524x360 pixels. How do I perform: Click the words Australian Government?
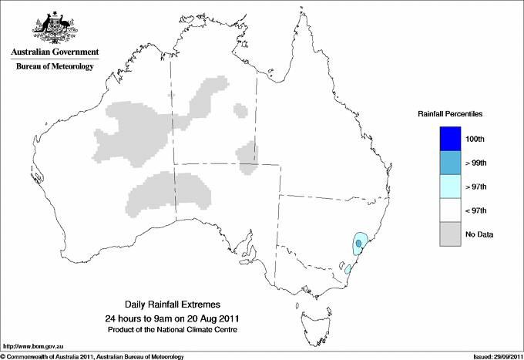[x=54, y=52]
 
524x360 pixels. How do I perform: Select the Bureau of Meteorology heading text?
[x=54, y=67]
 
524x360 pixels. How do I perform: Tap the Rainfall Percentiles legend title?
[x=450, y=114]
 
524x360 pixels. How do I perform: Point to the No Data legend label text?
[x=479, y=234]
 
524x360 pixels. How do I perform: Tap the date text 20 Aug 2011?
[x=210, y=318]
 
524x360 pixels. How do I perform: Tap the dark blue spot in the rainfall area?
[x=358, y=244]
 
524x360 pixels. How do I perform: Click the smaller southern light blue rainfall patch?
[x=348, y=269]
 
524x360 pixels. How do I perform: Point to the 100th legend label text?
[x=475, y=139]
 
